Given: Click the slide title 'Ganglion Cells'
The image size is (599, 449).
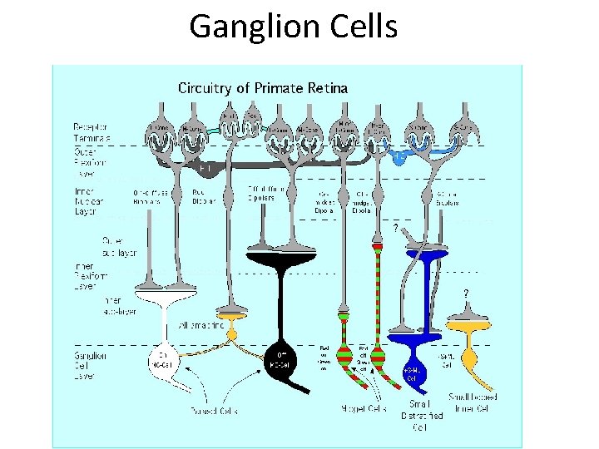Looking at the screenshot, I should point(293,27).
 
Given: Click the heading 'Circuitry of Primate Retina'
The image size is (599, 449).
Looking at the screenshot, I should point(262,88).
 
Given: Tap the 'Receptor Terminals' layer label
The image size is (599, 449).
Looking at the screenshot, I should point(92,132).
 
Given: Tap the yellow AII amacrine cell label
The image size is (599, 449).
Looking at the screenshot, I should point(200,324).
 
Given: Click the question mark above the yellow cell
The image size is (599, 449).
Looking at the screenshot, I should point(465,293).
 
